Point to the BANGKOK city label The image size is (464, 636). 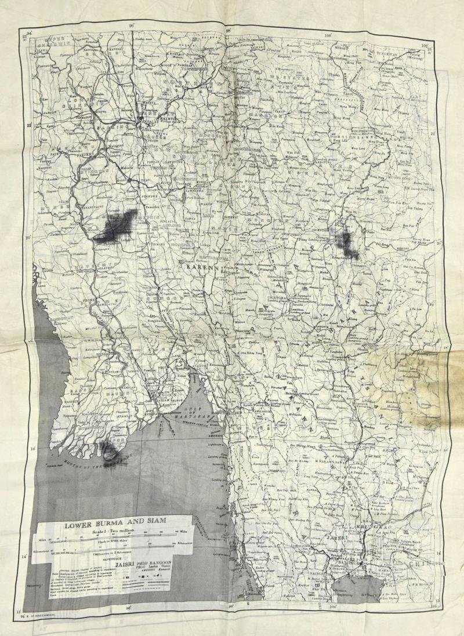coord(340,562)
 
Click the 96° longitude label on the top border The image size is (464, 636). coord(132,26)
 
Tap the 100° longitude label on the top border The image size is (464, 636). coord(328,35)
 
